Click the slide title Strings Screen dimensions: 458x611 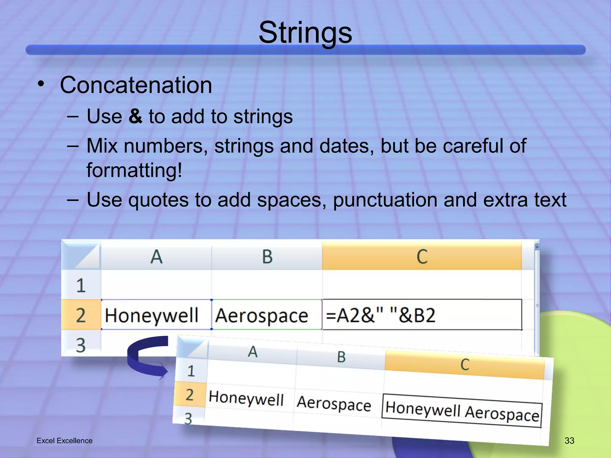(x=305, y=33)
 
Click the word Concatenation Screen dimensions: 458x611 (x=136, y=85)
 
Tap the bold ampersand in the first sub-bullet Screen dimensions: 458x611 (x=135, y=116)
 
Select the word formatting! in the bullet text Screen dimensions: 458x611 (x=134, y=170)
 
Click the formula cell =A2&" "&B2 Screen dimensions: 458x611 (x=422, y=315)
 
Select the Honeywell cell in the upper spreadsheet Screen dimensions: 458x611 (x=152, y=315)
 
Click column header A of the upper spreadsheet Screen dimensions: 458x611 (x=156, y=257)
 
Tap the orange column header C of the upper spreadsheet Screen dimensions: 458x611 (x=422, y=257)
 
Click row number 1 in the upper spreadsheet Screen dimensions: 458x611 (x=81, y=285)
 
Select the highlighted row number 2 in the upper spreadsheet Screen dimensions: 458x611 (x=81, y=315)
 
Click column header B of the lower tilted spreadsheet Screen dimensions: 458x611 (x=341, y=357)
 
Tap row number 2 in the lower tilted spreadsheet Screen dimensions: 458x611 (x=190, y=395)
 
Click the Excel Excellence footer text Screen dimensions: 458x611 (x=64, y=441)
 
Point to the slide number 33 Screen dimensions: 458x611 (x=569, y=440)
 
